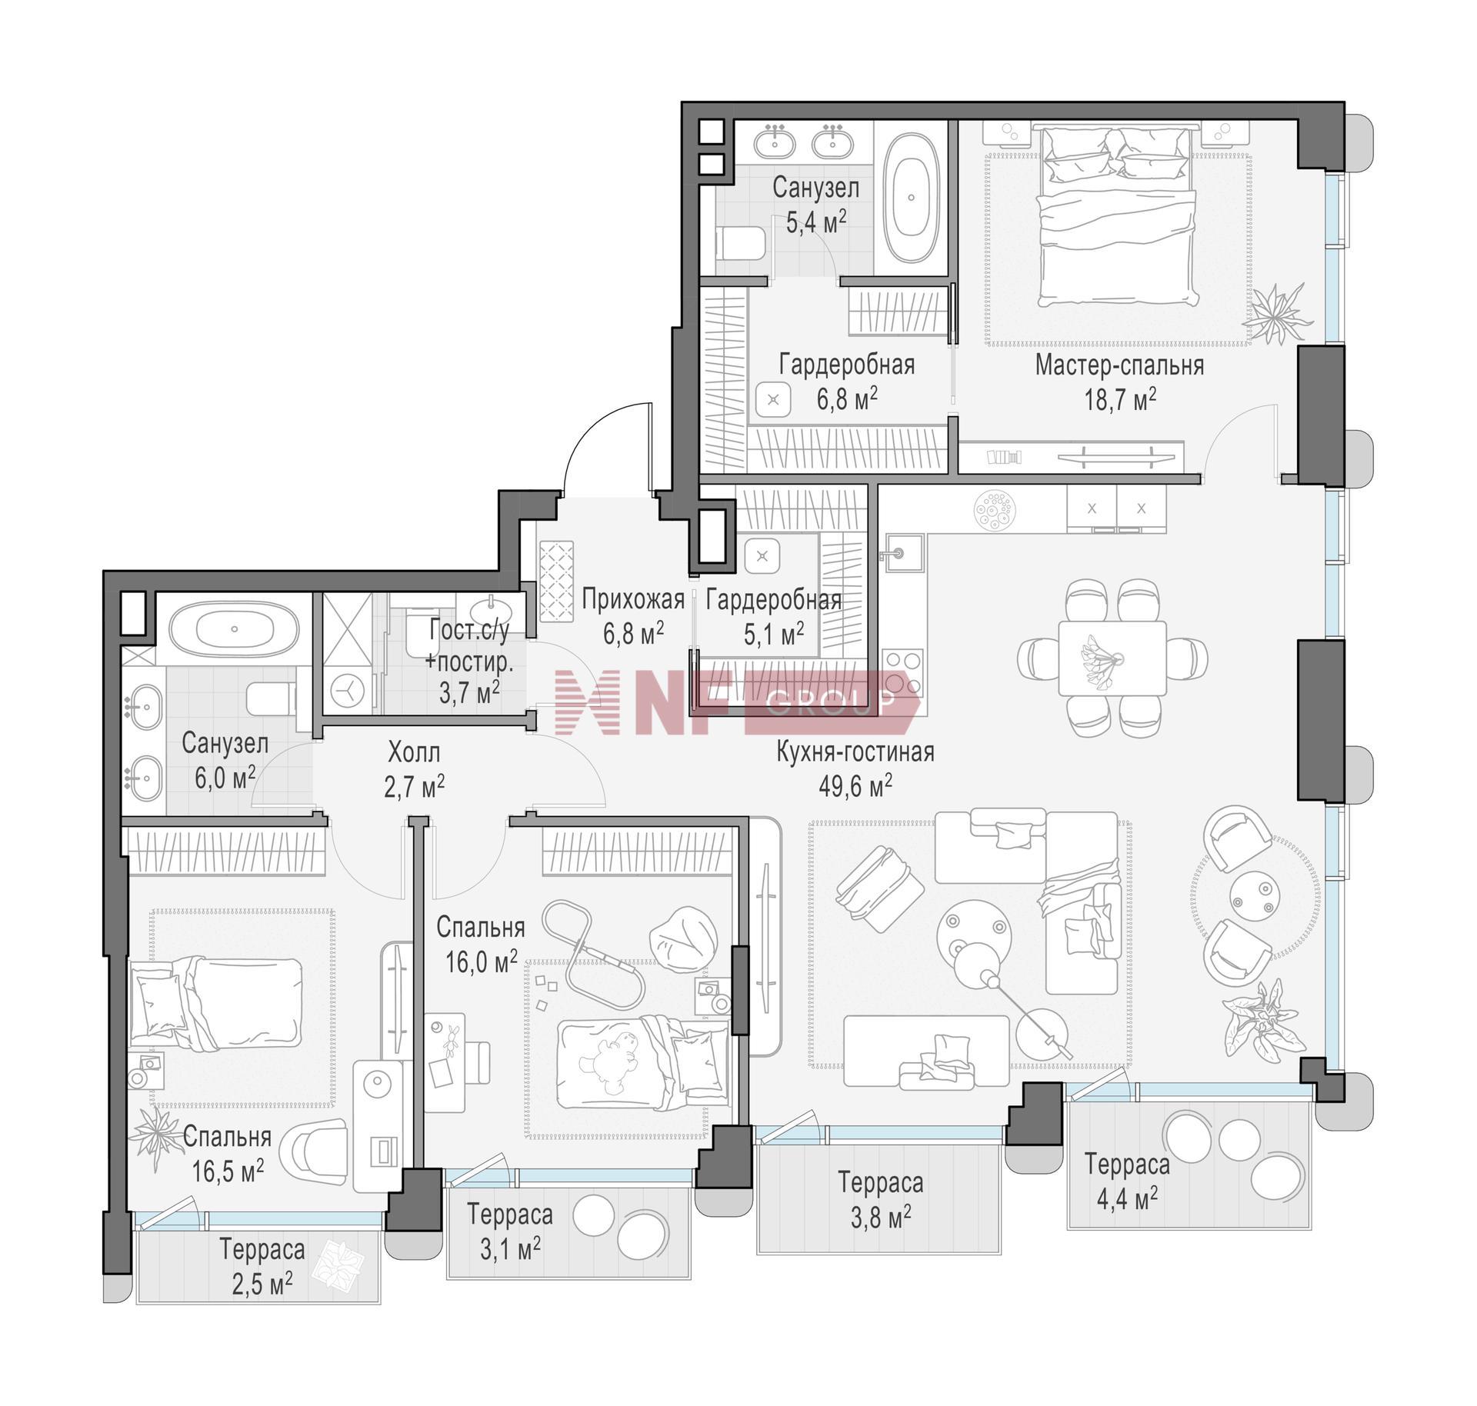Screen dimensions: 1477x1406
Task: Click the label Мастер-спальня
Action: pyautogui.click(x=1119, y=365)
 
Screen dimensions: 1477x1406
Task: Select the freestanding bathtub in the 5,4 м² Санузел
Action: pyautogui.click(x=912, y=198)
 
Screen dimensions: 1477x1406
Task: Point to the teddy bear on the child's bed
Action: pyautogui.click(x=611, y=1062)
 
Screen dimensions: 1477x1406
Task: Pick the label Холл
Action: pyautogui.click(x=414, y=751)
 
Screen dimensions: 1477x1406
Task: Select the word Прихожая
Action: pyautogui.click(x=632, y=598)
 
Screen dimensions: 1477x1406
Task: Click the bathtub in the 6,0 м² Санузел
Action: pyautogui.click(x=234, y=628)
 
